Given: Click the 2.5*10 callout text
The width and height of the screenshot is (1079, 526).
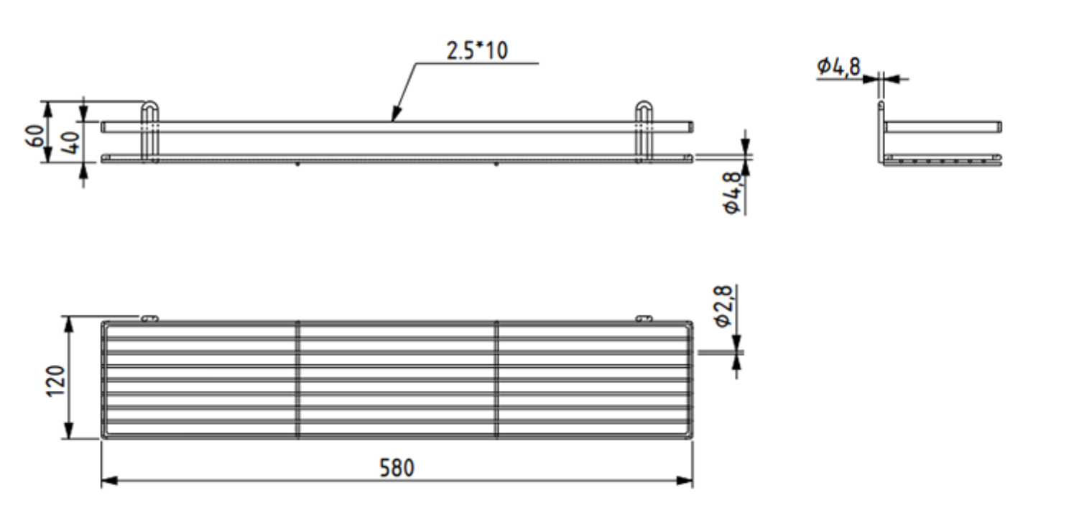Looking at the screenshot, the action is pos(477,50).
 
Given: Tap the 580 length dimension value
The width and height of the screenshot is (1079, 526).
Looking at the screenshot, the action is pos(397,468).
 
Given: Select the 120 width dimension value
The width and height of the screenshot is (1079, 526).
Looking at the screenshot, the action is pos(56,381).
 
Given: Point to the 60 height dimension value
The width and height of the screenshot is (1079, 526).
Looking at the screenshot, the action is pos(35,137).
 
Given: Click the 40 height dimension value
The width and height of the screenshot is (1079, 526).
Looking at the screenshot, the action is pos(71,142).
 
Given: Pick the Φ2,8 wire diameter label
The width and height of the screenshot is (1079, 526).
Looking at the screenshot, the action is pos(724,306).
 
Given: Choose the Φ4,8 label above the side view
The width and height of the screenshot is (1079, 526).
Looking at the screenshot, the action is pos(838,67).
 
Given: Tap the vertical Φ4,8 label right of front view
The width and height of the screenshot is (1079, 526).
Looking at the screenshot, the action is pos(732,193).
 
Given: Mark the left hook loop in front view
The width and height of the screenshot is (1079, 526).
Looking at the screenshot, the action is pos(150,103).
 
